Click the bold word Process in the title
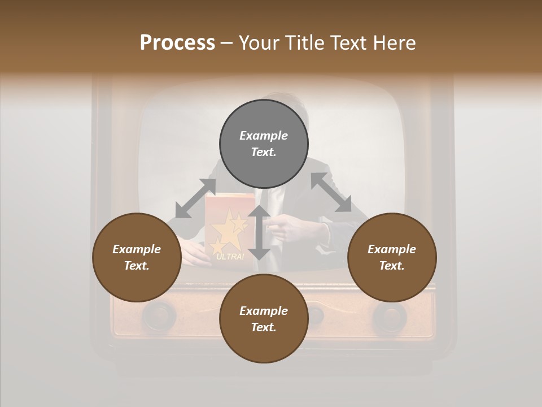[x=177, y=43]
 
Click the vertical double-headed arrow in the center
[x=259, y=233]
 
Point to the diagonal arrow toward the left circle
[x=195, y=198]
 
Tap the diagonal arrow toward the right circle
[x=331, y=193]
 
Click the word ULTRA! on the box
[x=230, y=257]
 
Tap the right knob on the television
[x=389, y=316]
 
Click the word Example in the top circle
[x=264, y=136]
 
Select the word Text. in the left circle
[x=137, y=266]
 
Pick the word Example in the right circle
[x=392, y=249]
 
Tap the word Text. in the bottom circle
[x=264, y=327]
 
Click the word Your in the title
[x=259, y=43]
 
